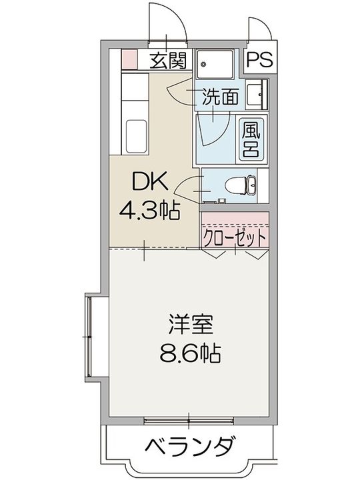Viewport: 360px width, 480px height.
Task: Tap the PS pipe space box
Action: pyautogui.click(x=259, y=61)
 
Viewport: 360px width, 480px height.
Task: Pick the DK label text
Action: pyautogui.click(x=148, y=182)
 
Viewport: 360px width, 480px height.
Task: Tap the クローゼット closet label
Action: pyautogui.click(x=235, y=237)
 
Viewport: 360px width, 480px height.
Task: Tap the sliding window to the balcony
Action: pyautogui.click(x=189, y=420)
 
